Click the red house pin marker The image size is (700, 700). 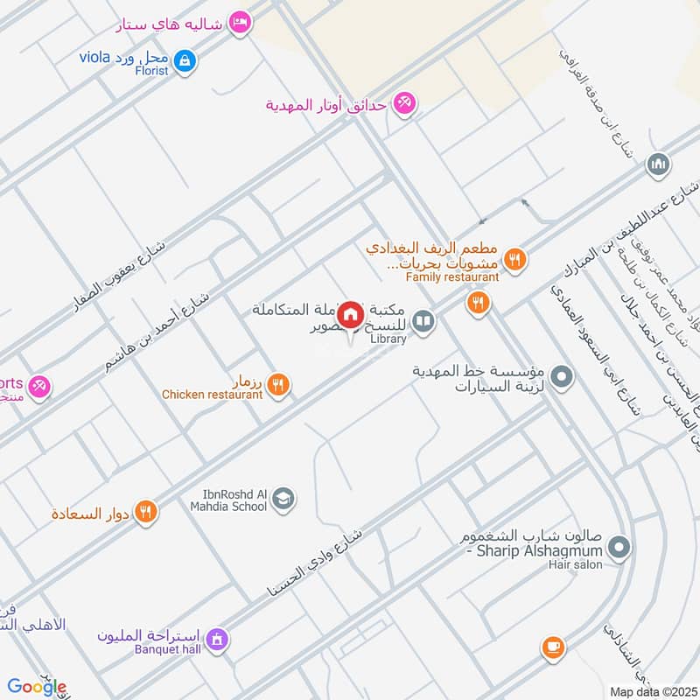[x=351, y=315]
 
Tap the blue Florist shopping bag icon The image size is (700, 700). [x=185, y=60]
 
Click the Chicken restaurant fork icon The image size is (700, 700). [x=278, y=384]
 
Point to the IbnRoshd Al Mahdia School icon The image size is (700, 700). [x=283, y=500]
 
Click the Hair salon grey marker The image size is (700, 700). [x=619, y=549]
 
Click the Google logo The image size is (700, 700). [x=36, y=687]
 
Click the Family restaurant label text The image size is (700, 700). [x=452, y=277]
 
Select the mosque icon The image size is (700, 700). [x=658, y=164]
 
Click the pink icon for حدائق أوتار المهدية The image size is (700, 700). [x=403, y=103]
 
